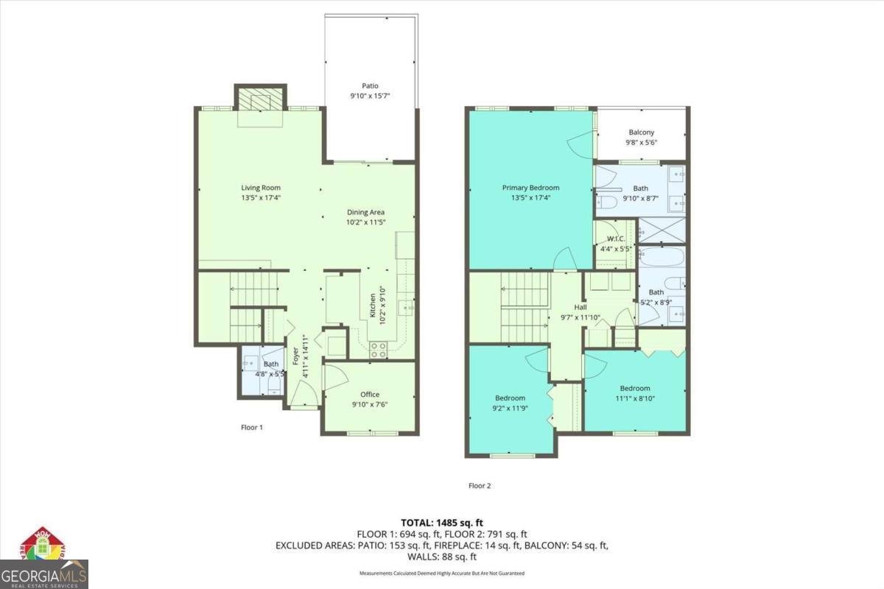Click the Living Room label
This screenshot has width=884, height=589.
[261, 188]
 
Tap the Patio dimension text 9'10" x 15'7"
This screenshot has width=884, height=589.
[370, 96]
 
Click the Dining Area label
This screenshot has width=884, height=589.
[366, 212]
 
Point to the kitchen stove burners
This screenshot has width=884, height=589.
[378, 350]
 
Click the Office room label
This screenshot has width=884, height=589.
[370, 394]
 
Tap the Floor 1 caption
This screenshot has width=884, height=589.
[252, 427]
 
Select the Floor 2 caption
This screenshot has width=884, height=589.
[480, 485]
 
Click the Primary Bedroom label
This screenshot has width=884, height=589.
[530, 188]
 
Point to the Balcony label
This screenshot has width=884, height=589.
[641, 133]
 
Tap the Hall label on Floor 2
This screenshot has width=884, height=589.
[581, 308]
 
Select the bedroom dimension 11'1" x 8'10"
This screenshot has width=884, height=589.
[635, 398]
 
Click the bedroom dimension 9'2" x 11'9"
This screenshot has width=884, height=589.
[510, 408]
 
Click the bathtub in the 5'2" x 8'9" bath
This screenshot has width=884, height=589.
[662, 258]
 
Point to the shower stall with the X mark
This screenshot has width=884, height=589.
[662, 230]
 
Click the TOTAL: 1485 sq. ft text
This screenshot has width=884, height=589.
[442, 522]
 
